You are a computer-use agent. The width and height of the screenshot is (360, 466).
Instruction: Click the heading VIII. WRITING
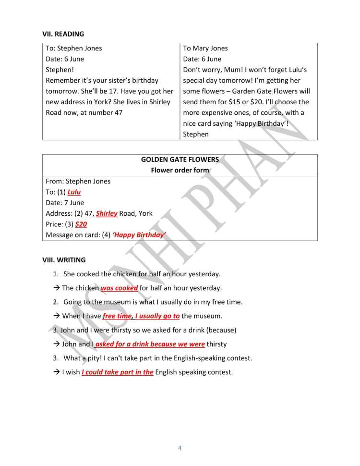pos(64,260)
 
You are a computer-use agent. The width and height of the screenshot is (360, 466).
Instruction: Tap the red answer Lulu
pos(74,192)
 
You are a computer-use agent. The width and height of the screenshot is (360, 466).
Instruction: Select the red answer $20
pos(81,224)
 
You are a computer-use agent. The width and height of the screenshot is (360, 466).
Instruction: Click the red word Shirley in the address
pos(107,214)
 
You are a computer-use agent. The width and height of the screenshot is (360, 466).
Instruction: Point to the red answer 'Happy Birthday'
pos(139,235)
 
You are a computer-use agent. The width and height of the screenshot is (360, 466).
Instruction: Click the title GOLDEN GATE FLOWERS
pos(180,159)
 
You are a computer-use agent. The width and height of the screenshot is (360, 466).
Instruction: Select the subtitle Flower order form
pos(180,170)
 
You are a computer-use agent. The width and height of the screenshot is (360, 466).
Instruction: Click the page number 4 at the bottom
pos(180,449)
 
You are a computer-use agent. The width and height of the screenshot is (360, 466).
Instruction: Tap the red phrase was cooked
pos(119,288)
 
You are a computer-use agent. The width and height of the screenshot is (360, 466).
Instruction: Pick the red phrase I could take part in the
pos(118,372)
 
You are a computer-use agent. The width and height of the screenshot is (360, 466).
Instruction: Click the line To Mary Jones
pos(205,48)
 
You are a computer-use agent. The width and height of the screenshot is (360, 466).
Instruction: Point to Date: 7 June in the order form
pos(65,203)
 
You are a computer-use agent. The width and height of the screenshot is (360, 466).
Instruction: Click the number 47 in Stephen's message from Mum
pos(118,112)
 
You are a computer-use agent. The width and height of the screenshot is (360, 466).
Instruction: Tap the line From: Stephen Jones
pos(78,181)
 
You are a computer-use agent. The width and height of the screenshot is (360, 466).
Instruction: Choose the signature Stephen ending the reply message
pos(196,134)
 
